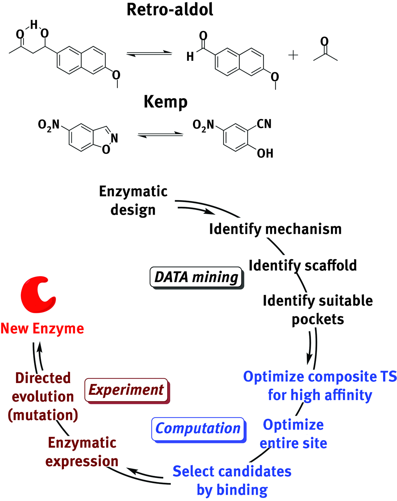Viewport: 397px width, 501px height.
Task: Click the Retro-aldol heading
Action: coord(170,10)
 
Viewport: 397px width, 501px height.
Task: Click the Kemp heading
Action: coord(166,102)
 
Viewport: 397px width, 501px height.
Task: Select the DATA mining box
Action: coord(196,277)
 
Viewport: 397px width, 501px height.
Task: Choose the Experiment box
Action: coord(126,390)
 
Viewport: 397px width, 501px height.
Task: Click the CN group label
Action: coord(264,124)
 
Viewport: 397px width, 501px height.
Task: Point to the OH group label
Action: coord(265,153)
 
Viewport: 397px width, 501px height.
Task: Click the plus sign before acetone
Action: coord(293,56)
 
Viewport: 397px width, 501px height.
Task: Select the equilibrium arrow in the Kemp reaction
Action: coord(160,135)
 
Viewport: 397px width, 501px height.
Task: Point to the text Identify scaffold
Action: coord(303,266)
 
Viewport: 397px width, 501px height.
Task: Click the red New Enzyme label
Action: coord(42,329)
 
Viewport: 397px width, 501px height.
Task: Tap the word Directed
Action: coord(43,378)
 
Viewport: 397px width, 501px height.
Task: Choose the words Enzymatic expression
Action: coord(82,452)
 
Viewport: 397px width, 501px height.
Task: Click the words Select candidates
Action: coord(232,471)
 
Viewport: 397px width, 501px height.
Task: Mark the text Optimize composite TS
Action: coord(320,377)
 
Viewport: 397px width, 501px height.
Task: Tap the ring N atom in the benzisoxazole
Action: coord(114,138)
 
